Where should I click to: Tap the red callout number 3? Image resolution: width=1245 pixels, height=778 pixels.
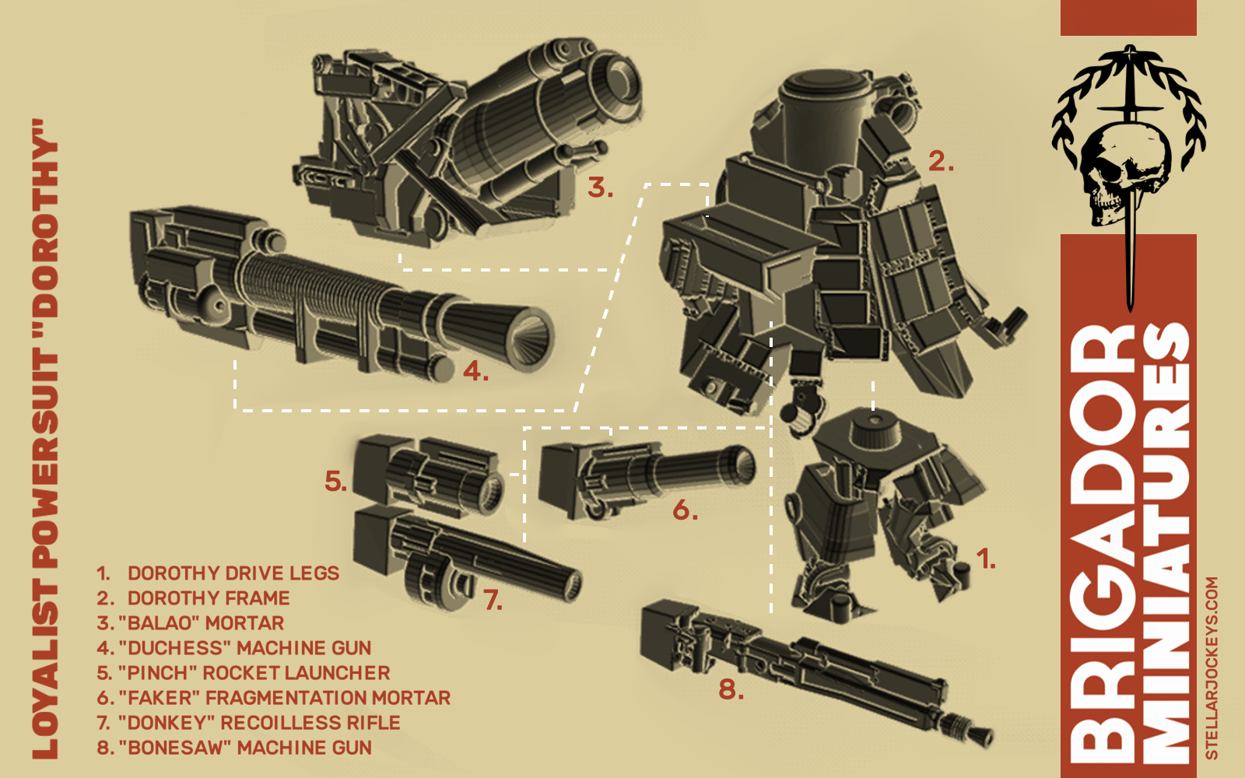coord(600,187)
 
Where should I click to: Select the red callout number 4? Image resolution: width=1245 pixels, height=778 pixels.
coord(475,370)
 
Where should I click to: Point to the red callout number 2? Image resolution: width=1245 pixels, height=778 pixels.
coord(941,161)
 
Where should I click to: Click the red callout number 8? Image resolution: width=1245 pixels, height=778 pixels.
coord(731,689)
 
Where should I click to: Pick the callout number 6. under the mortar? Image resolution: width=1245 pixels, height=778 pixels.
coord(686,510)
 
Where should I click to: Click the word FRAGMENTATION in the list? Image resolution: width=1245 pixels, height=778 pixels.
coord(286,697)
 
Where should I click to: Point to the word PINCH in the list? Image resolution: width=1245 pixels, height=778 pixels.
coord(159,673)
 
